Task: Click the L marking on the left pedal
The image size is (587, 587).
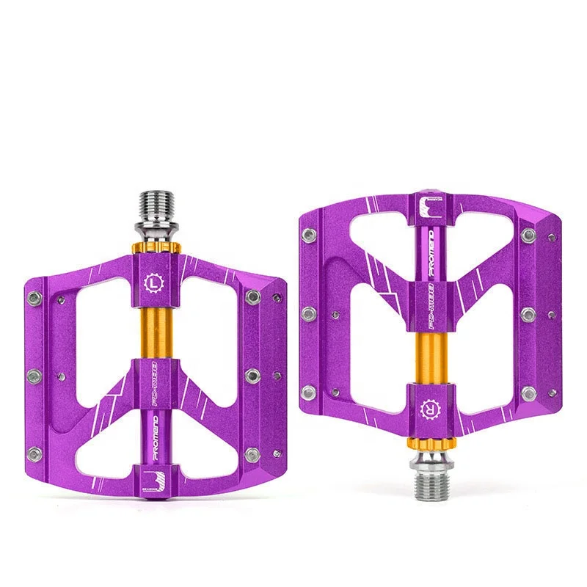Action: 154,281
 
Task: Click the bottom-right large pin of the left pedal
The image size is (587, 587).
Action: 252,453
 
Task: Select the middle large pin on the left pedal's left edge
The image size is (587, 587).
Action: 34,375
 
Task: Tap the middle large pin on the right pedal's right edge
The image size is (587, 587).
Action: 528,313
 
